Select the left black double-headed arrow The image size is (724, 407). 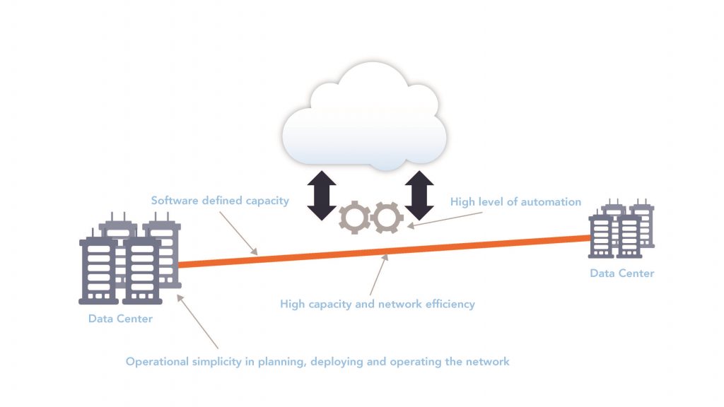coord(322,195)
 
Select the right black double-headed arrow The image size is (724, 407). coord(419,195)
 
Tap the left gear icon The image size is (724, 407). coord(355,218)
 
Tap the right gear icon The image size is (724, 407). coord(387,218)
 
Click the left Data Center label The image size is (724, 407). coord(120,319)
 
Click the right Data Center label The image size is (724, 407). coord(622,273)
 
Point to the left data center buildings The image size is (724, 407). coord(130,258)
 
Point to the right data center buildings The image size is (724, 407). coord(621,228)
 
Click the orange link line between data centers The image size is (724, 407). coord(385,252)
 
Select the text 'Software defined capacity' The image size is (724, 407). coord(220,201)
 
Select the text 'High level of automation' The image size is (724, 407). coord(515,201)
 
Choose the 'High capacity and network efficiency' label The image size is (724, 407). coord(378,304)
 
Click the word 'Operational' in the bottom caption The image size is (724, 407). coord(157,361)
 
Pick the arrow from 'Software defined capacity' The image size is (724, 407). coord(238,233)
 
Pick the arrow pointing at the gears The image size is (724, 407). coord(445,220)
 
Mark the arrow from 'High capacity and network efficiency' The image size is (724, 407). coord(379,275)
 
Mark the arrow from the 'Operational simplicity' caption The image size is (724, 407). coord(198,322)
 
